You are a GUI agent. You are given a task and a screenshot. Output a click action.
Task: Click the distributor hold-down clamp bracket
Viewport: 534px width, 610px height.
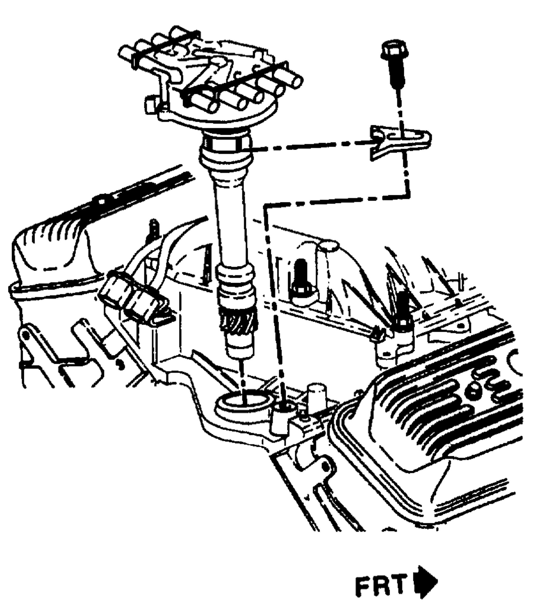tap(399, 142)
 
